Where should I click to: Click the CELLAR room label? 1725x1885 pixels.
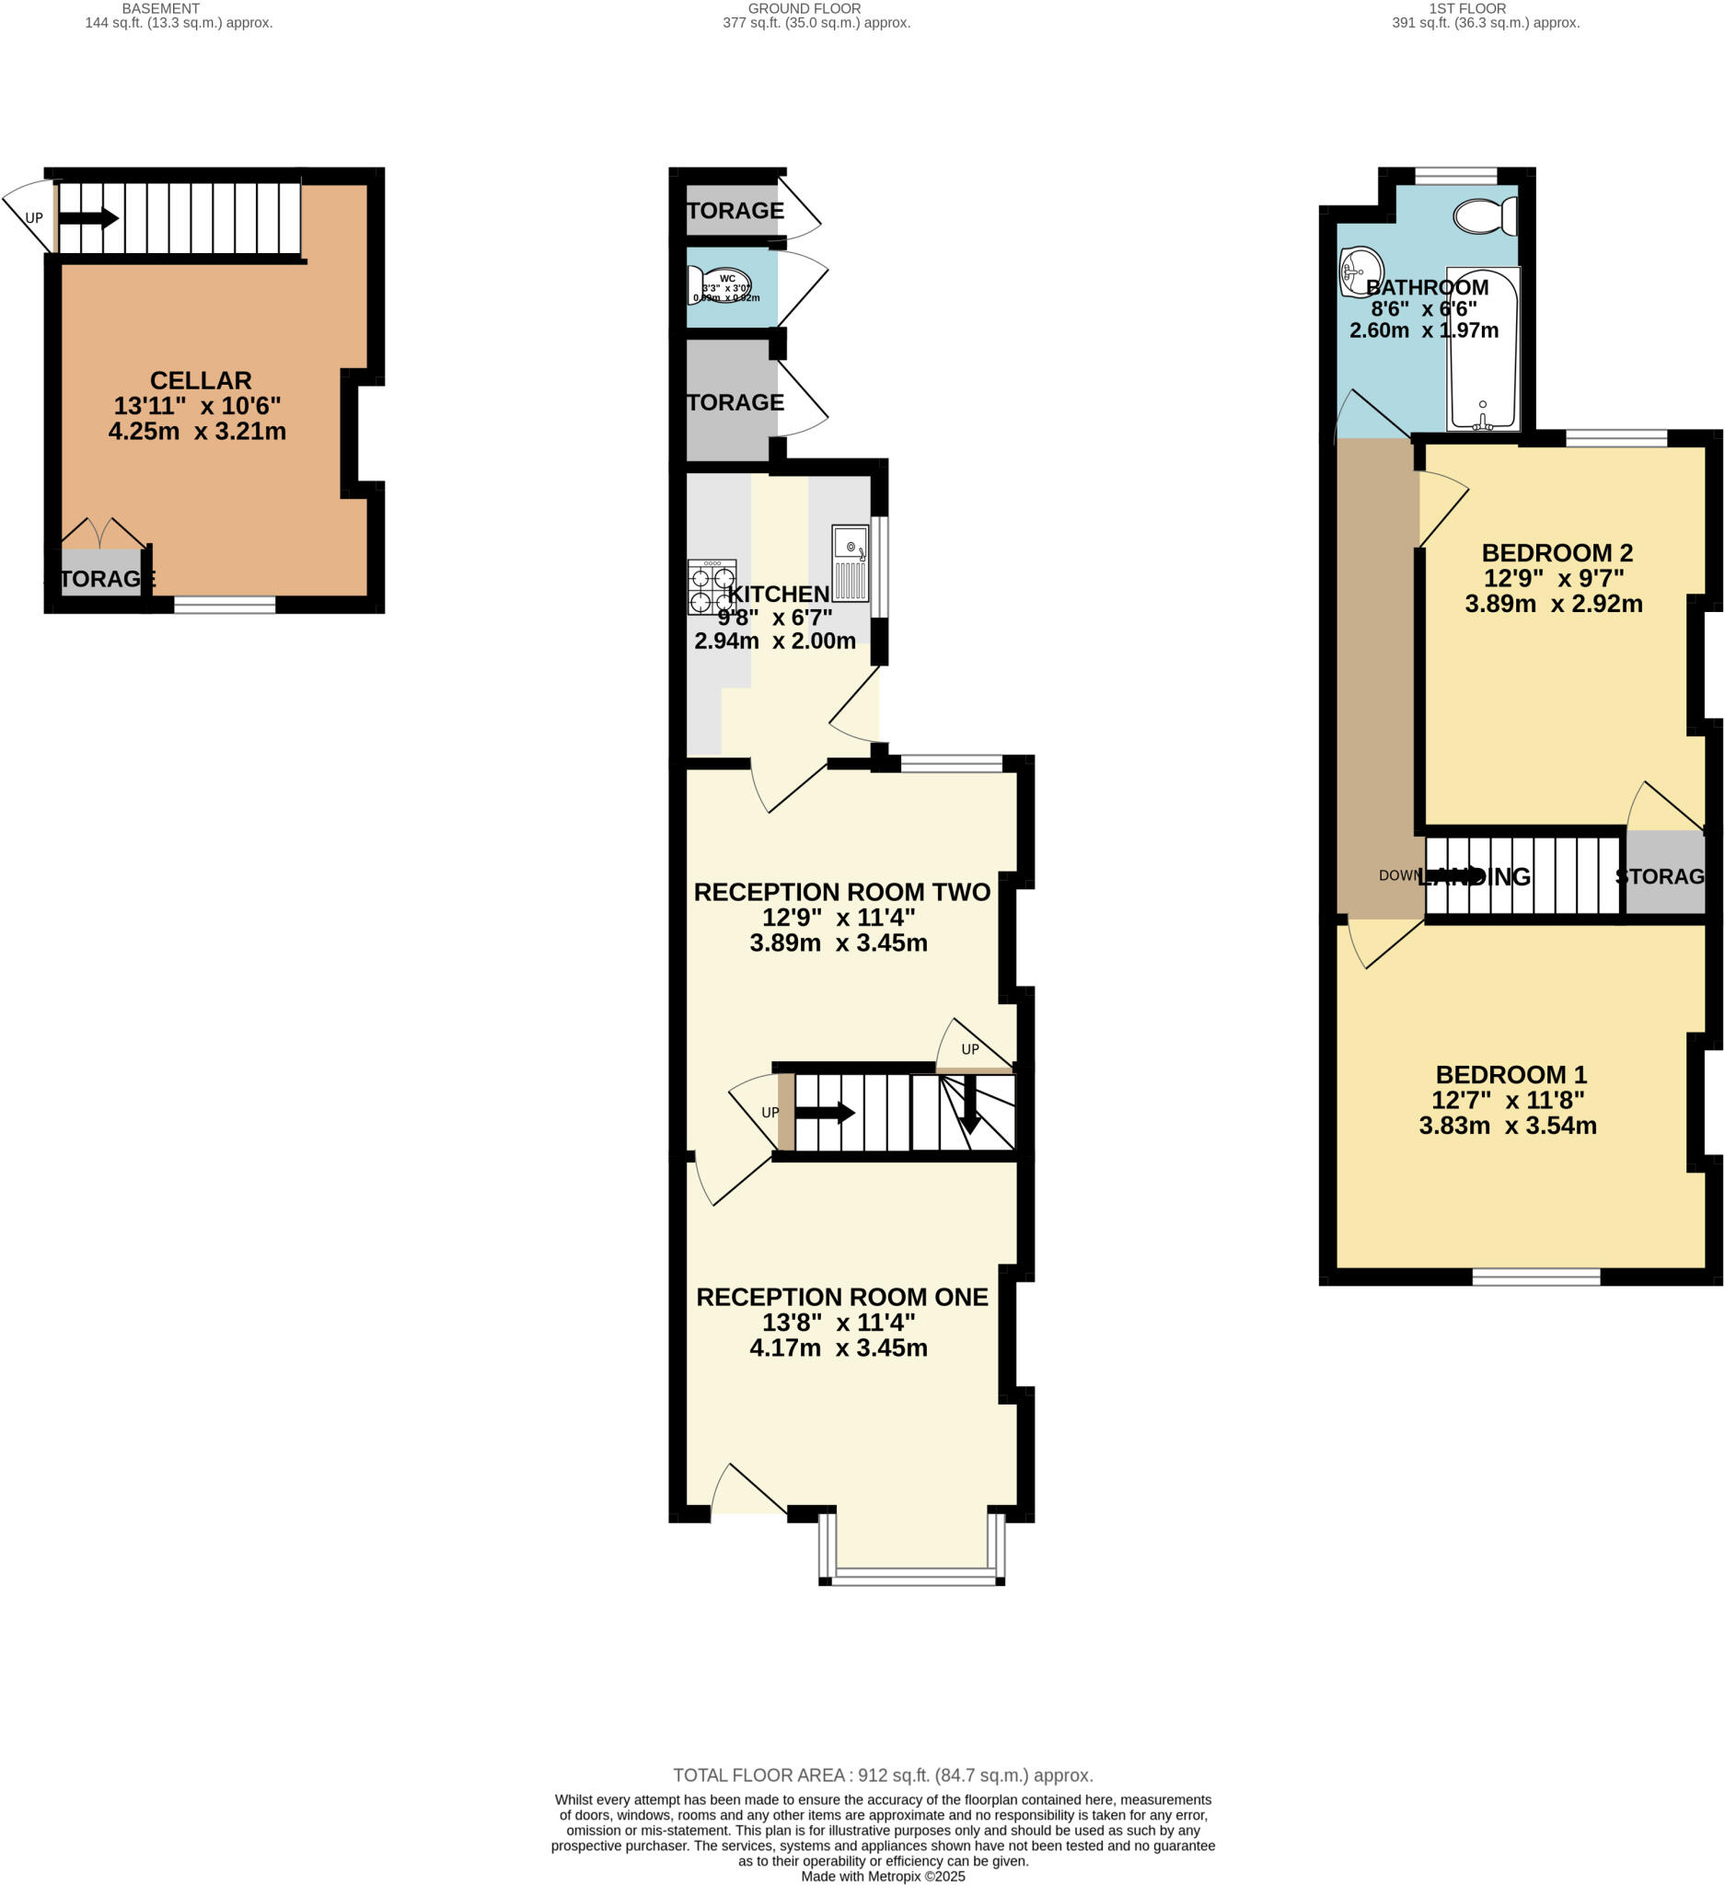pos(200,380)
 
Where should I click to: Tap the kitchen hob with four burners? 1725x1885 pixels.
pos(712,587)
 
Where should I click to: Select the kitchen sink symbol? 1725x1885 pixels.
pos(850,563)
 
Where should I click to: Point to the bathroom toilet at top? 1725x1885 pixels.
pos(1485,216)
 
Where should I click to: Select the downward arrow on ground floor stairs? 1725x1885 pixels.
pos(969,1105)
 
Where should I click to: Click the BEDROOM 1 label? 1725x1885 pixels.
pos(1511,1075)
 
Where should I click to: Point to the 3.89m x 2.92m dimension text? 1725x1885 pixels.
pos(1553,604)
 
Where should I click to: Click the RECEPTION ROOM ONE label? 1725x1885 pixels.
pos(841,1298)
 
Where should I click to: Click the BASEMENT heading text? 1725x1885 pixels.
pos(161,8)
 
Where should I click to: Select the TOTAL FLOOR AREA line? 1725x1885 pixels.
pos(883,1775)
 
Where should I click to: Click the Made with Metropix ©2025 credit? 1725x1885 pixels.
pos(883,1877)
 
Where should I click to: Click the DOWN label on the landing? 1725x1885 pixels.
pos(1397,876)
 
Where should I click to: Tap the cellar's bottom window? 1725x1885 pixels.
pos(225,605)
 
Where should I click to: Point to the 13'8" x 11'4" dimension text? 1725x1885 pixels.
pos(838,1323)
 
